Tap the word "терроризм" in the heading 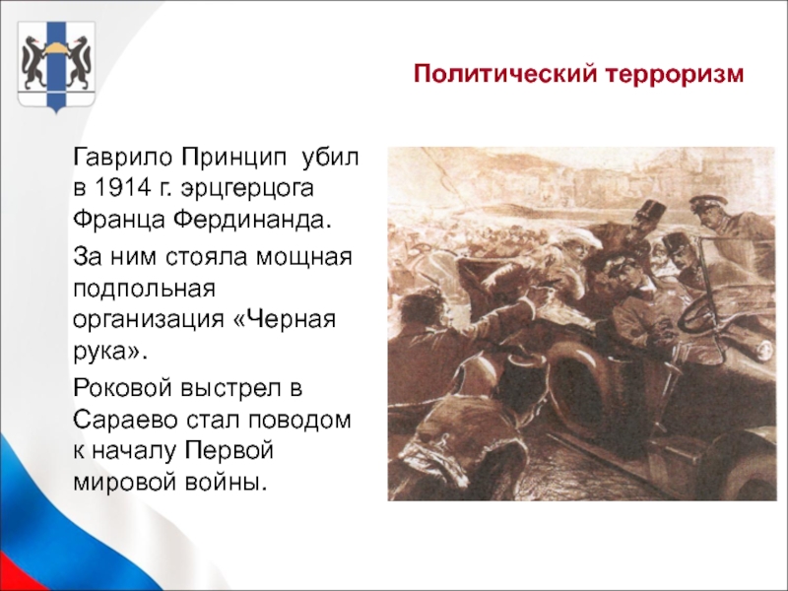[x=675, y=75]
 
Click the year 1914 [x=122, y=188]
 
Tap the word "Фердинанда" [x=254, y=219]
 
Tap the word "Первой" [x=230, y=450]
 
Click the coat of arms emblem [x=56, y=65]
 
